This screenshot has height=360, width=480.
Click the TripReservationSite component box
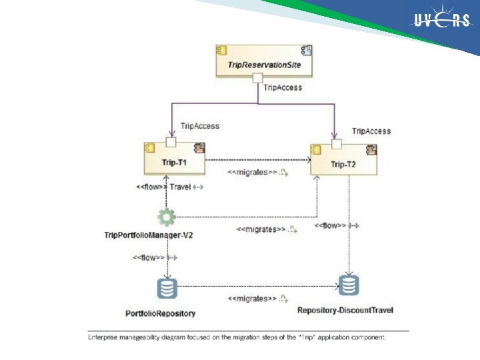[264, 59]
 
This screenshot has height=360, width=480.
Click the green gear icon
[167, 217]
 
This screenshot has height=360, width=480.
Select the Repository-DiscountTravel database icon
[349, 285]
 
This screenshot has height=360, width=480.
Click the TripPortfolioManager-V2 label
[144, 235]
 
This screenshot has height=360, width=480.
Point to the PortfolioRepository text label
[161, 313]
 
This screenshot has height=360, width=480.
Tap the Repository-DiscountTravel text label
[345, 309]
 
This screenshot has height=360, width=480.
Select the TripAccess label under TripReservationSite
[283, 87]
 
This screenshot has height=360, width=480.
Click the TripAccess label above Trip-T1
[200, 125]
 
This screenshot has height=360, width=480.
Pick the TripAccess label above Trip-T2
[371, 131]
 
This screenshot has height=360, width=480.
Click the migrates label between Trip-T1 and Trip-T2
[253, 172]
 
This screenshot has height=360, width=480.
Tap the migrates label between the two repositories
[252, 298]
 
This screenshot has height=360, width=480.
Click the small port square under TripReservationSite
[257, 79]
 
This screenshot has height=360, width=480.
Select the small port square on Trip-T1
[171, 141]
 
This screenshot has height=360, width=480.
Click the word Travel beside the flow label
[180, 187]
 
